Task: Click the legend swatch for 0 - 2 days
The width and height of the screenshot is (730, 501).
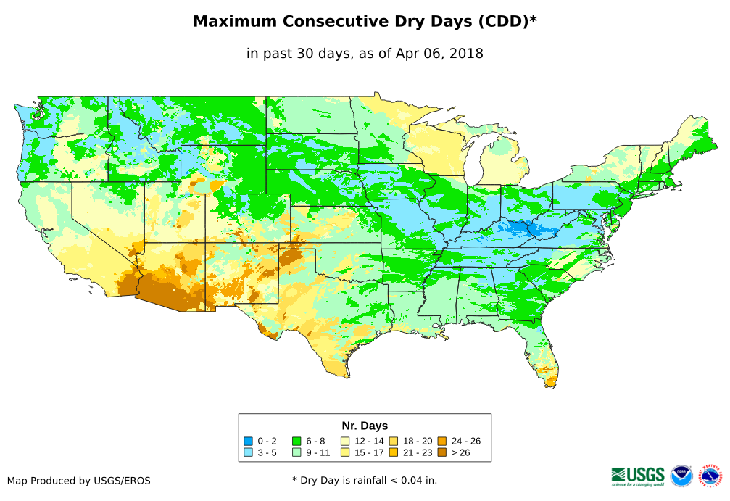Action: click(249, 441)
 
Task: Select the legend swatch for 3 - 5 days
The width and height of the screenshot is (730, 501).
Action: click(249, 452)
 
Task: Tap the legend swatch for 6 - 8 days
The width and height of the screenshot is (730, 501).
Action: click(296, 441)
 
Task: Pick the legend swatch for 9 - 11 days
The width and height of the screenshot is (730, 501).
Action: click(296, 452)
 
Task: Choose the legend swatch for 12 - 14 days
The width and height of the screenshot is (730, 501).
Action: click(346, 441)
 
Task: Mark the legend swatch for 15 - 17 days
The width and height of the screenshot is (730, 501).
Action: click(346, 452)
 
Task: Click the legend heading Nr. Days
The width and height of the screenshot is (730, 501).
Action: click(365, 426)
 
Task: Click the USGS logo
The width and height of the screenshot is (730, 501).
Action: click(638, 475)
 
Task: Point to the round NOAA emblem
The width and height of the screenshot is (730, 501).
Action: click(681, 476)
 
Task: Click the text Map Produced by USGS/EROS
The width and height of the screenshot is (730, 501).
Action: click(79, 481)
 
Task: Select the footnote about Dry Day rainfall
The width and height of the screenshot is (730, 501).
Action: click(365, 480)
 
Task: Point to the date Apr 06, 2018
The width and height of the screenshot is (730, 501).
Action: click(442, 54)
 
